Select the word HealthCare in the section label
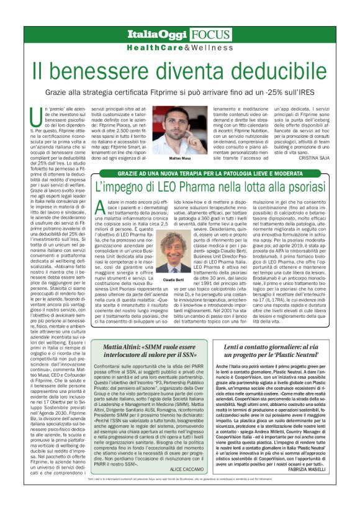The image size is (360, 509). tap(152, 47)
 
